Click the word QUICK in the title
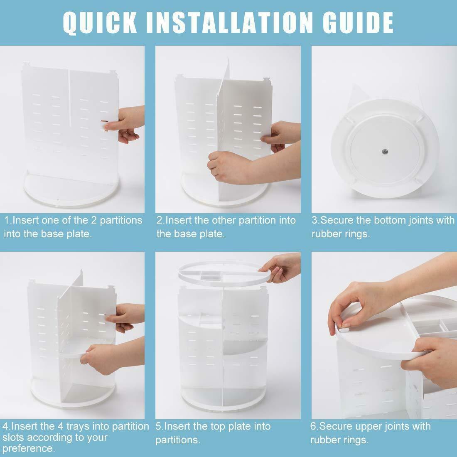point(100,23)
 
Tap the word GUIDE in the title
point(358,23)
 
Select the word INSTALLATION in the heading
point(230,23)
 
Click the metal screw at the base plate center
point(385,152)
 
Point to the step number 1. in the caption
point(8,220)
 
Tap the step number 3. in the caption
point(316,220)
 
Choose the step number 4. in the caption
point(7,426)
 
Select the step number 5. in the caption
point(160,426)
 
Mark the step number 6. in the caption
point(314,426)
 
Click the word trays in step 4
point(78,427)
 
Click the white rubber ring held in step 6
point(343,330)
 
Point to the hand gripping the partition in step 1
point(124,124)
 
